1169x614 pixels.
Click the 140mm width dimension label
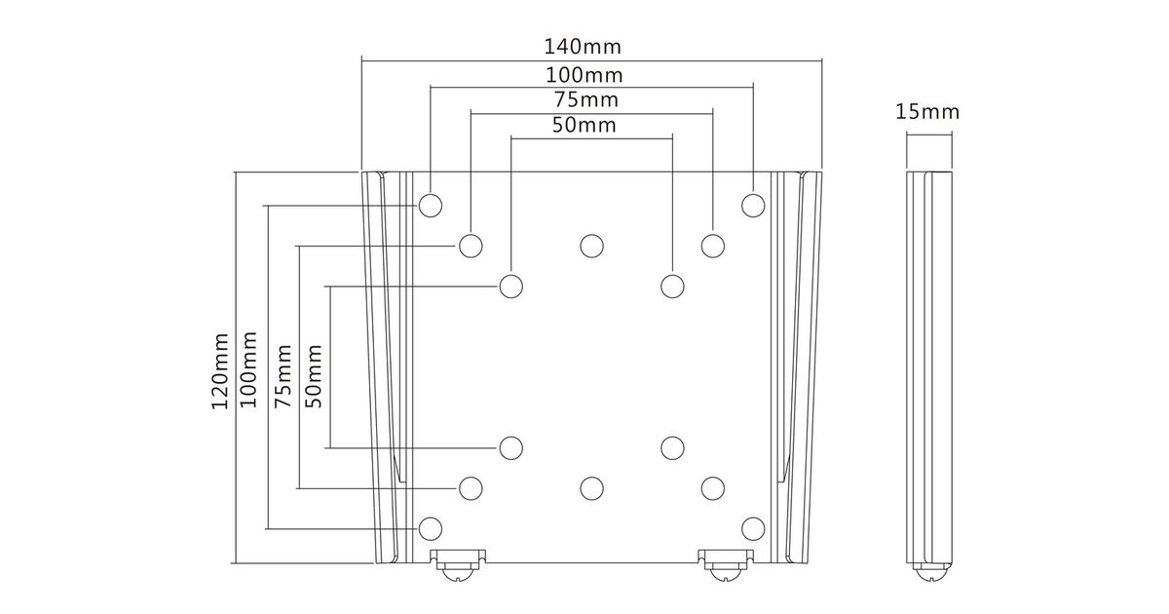pos(583,47)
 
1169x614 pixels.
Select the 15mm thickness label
pos(927,112)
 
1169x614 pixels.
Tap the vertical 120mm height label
pos(220,370)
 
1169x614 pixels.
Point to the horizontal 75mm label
pos(586,99)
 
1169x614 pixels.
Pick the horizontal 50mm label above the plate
pos(584,126)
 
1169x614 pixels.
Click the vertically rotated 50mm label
pos(314,376)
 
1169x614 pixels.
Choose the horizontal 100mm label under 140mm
pos(584,75)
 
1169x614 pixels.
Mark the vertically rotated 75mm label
pos(283,376)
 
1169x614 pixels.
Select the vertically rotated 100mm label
pos(248,369)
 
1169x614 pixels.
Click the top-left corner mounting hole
pos(431,206)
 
